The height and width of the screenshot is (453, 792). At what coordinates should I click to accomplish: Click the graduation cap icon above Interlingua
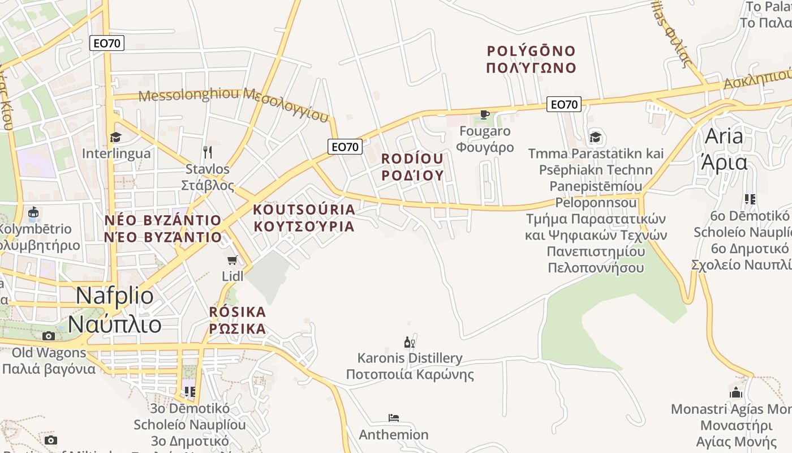[116, 137]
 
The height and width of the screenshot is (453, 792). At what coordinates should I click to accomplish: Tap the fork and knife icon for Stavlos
[208, 152]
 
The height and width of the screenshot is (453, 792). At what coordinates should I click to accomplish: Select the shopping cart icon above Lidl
[232, 260]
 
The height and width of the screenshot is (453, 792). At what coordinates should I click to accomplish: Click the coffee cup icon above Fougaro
[485, 115]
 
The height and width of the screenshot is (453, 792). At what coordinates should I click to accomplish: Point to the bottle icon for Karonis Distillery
[409, 342]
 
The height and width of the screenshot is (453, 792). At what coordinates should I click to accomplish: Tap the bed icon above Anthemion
[394, 418]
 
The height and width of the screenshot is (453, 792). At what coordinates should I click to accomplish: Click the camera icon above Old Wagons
[49, 336]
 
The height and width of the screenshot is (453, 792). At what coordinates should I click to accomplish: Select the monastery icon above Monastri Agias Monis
[736, 392]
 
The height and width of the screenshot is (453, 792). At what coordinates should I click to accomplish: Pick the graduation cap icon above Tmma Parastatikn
[595, 137]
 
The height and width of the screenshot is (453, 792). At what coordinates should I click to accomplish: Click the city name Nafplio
[114, 296]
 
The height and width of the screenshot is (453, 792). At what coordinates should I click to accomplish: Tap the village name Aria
[724, 136]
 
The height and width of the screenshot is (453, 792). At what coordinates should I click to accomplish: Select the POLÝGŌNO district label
[531, 52]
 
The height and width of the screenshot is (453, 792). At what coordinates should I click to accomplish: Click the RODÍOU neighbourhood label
[412, 159]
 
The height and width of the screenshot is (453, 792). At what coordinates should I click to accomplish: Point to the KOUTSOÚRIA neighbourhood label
[304, 210]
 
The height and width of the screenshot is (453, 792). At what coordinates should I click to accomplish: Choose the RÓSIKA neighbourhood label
[238, 312]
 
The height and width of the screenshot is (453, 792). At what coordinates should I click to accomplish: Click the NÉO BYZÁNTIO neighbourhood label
[163, 220]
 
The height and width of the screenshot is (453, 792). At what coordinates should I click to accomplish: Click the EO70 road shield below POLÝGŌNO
[564, 104]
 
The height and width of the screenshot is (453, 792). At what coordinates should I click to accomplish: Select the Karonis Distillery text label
[410, 358]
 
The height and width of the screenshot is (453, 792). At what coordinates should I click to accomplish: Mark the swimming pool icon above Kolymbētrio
[33, 213]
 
